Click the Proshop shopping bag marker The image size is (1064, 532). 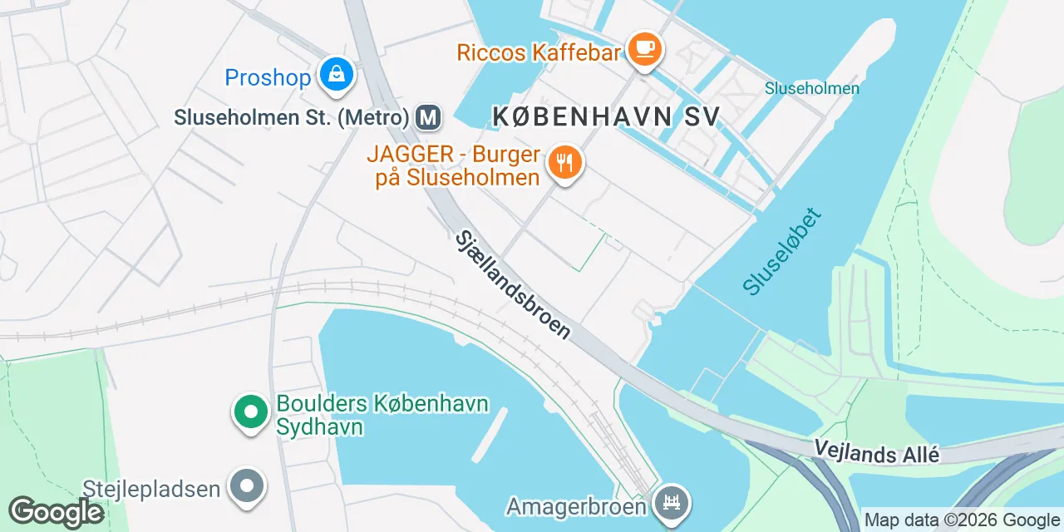[x=337, y=75]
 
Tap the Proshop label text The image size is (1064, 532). [x=268, y=78]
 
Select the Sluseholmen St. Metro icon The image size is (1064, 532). [x=429, y=117]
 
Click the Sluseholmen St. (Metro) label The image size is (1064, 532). [x=292, y=118]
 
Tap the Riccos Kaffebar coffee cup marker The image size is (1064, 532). [x=644, y=48]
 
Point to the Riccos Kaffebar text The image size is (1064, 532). [x=539, y=53]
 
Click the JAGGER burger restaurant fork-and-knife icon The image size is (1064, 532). [x=565, y=163]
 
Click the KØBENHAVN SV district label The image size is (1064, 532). [x=606, y=117]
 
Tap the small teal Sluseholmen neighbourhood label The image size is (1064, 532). [x=811, y=87]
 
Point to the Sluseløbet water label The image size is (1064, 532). [x=782, y=251]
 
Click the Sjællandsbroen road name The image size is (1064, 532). [x=513, y=284]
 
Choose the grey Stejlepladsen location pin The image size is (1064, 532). [x=247, y=486]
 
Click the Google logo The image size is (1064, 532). [x=56, y=513]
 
